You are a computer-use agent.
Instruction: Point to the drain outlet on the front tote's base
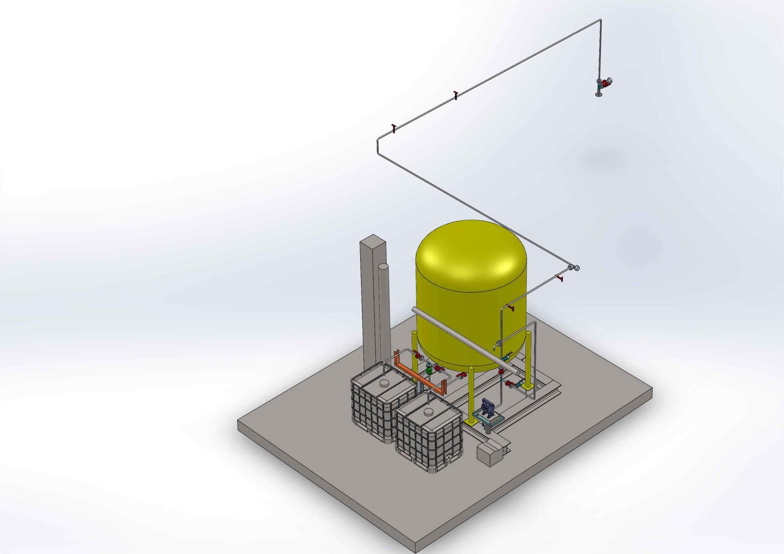coord(448,459)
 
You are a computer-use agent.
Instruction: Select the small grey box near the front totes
coord(486,454)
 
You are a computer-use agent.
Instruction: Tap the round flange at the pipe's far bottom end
coord(599,95)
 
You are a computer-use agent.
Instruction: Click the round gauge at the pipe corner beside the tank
coord(577,268)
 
